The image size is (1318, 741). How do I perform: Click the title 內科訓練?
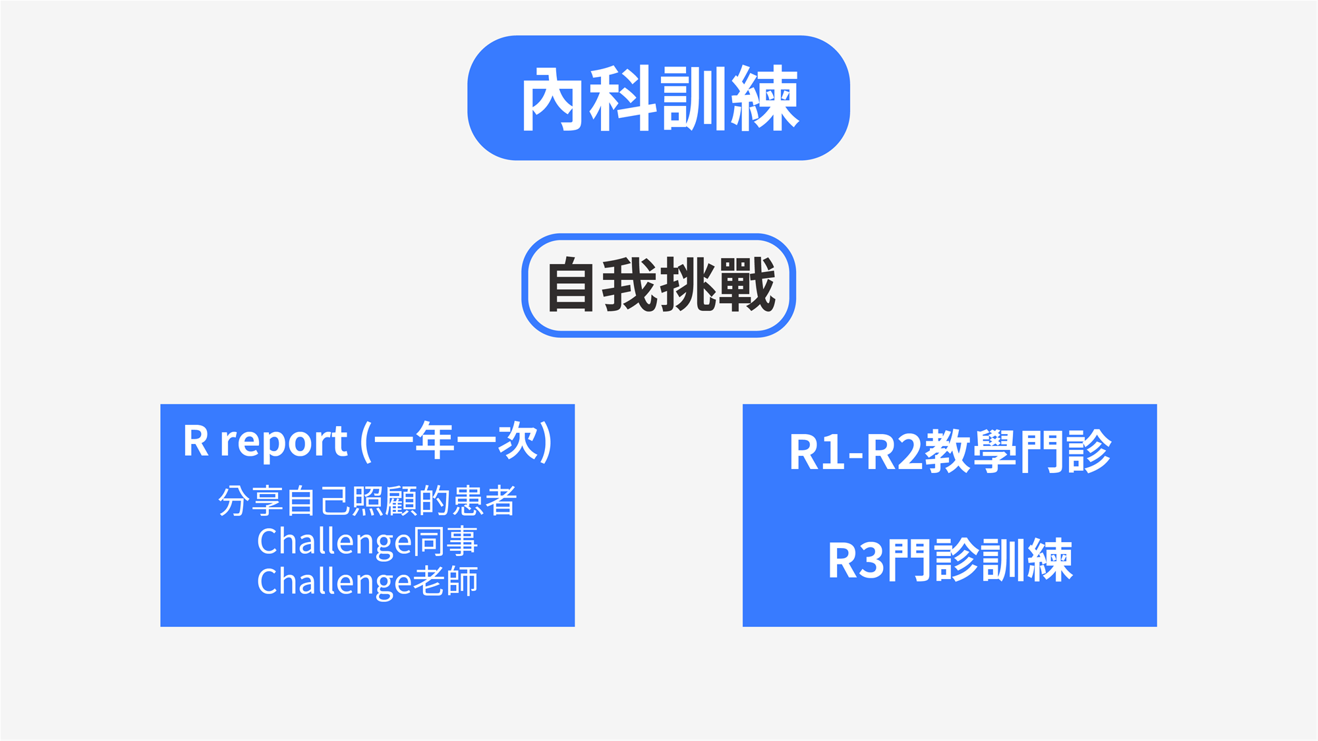pos(659,99)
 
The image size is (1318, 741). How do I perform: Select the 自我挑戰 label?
pos(660,285)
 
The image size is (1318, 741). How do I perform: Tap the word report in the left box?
pos(283,441)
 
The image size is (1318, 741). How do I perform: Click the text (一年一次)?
pos(456,441)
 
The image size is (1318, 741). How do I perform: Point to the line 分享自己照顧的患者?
pos(367,501)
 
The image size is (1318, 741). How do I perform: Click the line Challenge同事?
pos(367,541)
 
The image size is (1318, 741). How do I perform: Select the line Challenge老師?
pos(367,582)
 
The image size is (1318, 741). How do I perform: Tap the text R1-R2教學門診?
pos(950,452)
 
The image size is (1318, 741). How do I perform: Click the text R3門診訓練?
pos(950,561)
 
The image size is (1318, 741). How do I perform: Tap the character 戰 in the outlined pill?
pos(747,285)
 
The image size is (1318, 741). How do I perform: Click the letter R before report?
pos(196,441)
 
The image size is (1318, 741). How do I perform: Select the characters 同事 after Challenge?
pos(445,541)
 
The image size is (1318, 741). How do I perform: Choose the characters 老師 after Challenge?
pos(445,582)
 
